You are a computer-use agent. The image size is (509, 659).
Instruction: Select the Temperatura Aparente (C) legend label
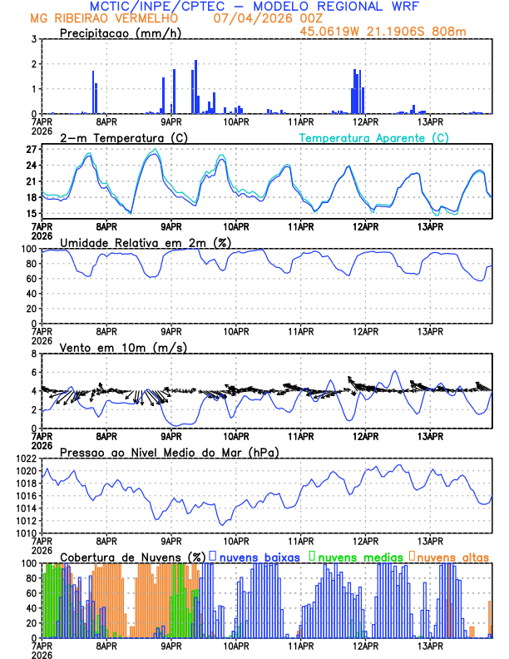click(x=374, y=137)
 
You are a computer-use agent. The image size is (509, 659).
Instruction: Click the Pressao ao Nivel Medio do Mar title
click(x=169, y=452)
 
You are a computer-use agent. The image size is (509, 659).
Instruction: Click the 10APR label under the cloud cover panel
click(x=236, y=645)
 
